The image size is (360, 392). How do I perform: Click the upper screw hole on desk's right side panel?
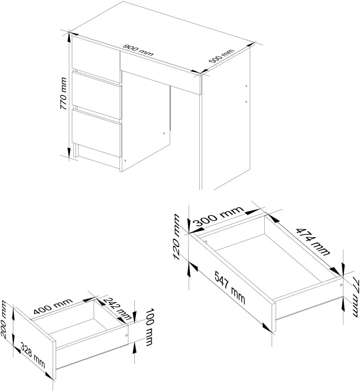click(x=246, y=86)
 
